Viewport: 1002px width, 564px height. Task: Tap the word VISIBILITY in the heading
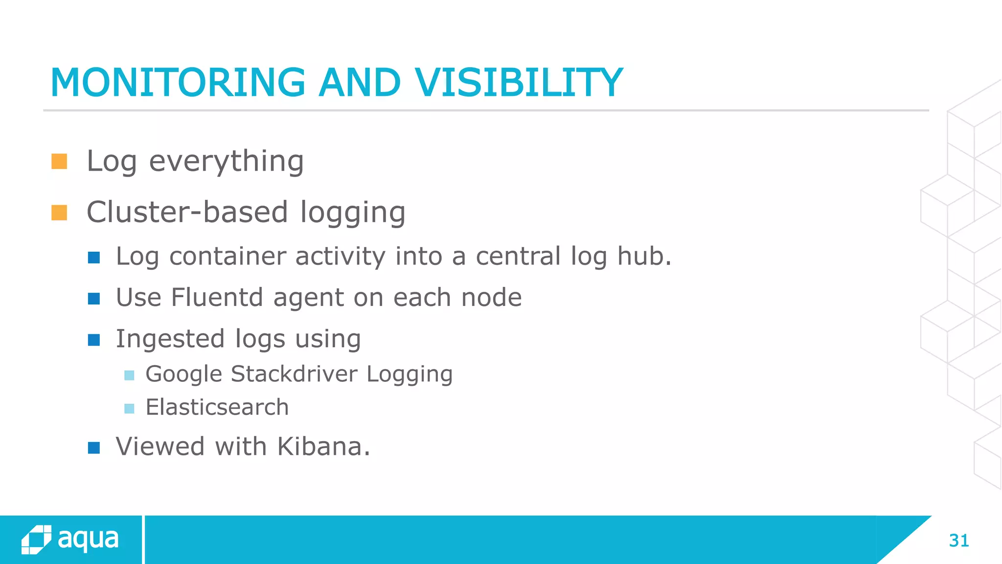pos(519,83)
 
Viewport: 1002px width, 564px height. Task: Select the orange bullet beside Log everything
pos(59,162)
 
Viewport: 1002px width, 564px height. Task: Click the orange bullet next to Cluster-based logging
pos(59,213)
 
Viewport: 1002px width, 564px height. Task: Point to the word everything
pos(226,162)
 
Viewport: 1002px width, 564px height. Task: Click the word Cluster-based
pos(187,212)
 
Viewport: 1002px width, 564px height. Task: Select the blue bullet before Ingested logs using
pos(94,340)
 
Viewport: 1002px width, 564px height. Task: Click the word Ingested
pos(170,339)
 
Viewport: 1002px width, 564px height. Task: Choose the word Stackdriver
pos(294,374)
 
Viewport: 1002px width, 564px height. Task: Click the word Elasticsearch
pos(217,407)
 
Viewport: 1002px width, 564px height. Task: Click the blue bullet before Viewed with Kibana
pos(94,448)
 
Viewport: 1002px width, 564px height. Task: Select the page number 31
pos(958,540)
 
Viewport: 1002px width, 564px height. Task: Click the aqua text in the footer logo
pos(88,540)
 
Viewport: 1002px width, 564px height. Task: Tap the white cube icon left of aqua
pos(36,540)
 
